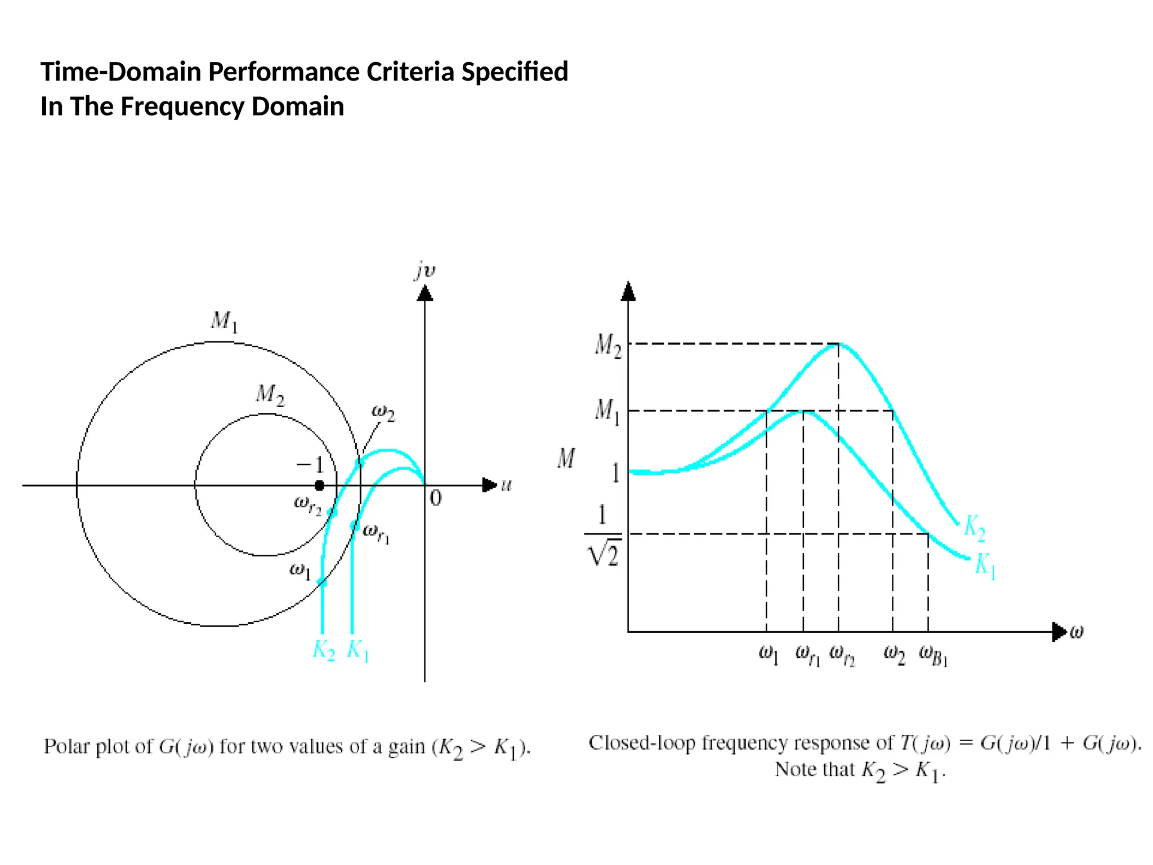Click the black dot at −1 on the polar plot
(x=319, y=485)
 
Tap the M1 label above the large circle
(x=225, y=322)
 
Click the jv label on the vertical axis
(x=425, y=271)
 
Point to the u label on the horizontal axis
(x=507, y=485)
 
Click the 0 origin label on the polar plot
(x=436, y=498)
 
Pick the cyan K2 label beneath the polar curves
(x=324, y=650)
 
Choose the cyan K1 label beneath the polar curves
(x=358, y=650)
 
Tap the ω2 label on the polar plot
(x=383, y=413)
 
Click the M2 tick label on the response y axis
(x=608, y=345)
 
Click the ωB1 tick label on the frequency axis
(x=933, y=655)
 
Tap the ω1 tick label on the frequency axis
(x=768, y=655)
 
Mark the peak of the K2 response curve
(x=838, y=344)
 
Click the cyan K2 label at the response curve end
(x=975, y=528)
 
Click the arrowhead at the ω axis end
(x=1060, y=631)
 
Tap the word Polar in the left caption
(x=67, y=746)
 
